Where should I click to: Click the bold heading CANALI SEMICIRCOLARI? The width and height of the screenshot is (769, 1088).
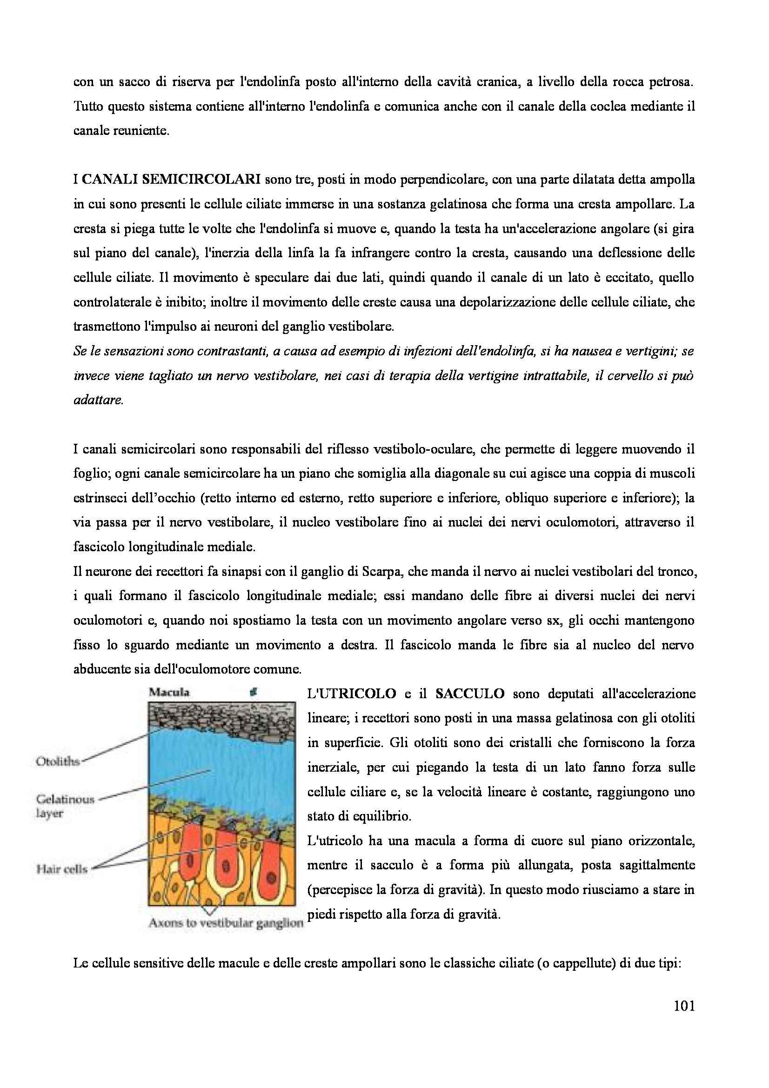click(x=171, y=180)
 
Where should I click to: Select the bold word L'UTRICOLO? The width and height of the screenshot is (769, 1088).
click(x=352, y=694)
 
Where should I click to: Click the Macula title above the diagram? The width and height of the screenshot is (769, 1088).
click(x=169, y=692)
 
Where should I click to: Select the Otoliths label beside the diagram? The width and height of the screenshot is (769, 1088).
click(x=58, y=762)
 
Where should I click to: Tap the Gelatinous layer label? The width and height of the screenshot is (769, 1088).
click(x=65, y=806)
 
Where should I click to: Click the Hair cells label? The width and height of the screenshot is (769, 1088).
click(x=62, y=869)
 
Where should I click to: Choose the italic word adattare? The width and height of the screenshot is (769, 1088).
click(x=98, y=400)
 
